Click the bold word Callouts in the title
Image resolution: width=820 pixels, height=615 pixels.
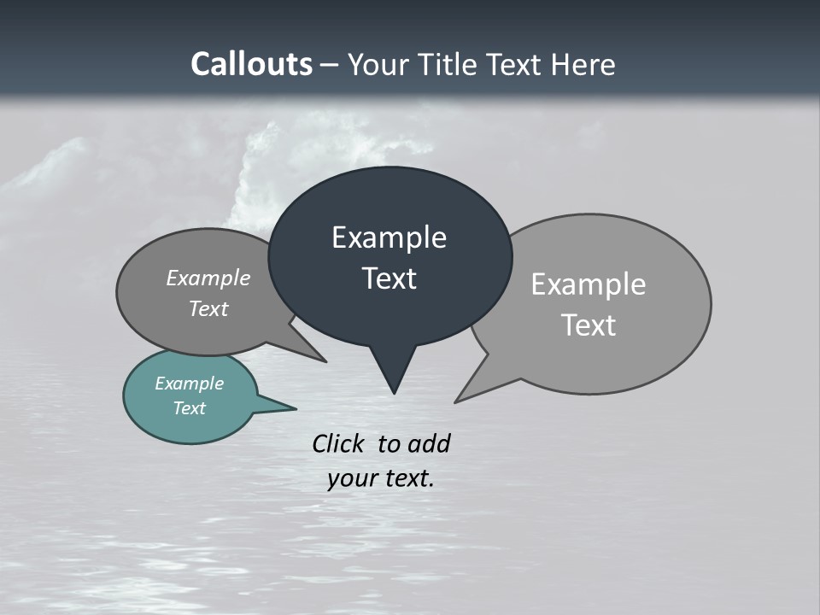click(x=251, y=64)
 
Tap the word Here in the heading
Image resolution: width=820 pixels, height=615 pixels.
click(x=583, y=64)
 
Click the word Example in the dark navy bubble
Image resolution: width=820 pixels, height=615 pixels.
click(x=389, y=237)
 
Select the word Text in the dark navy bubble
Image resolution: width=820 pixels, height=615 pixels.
click(x=389, y=278)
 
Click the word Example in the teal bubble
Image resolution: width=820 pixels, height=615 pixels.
click(x=190, y=384)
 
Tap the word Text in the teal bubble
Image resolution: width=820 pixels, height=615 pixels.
click(x=190, y=408)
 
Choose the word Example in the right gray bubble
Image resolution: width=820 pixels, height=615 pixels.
click(x=589, y=284)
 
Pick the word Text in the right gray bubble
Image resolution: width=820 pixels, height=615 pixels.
click(x=589, y=325)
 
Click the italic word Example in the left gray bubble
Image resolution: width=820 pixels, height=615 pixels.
click(x=208, y=278)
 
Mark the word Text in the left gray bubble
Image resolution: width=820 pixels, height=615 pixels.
click(x=208, y=308)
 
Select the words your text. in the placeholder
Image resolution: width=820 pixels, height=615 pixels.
click(x=381, y=479)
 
